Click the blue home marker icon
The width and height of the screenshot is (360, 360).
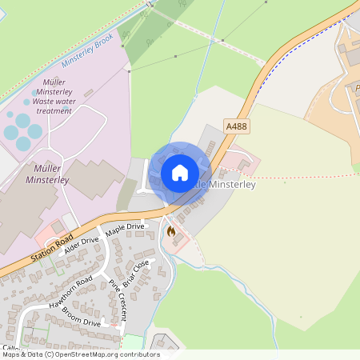pos(180,172)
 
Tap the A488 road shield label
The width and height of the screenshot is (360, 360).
pos(237,127)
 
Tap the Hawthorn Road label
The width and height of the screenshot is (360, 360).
pos(70,293)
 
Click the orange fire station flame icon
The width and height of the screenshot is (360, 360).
pos(170,231)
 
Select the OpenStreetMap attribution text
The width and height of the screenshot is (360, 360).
pos(80,354)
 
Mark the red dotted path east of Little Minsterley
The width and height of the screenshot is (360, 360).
pos(304,175)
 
